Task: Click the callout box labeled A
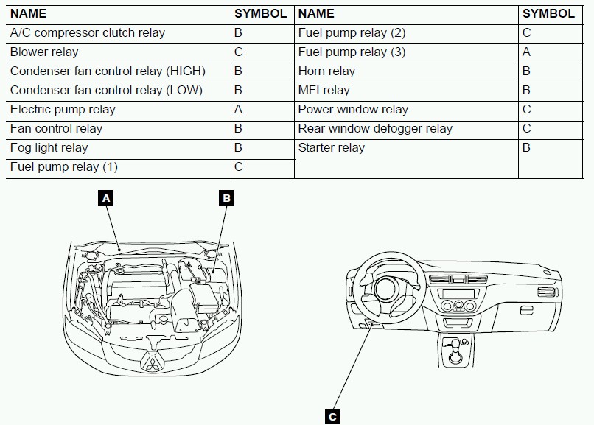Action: pyautogui.click(x=107, y=198)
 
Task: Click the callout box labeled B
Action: pyautogui.click(x=227, y=198)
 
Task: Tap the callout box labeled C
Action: pyautogui.click(x=332, y=416)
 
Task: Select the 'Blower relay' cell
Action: pyautogui.click(x=44, y=52)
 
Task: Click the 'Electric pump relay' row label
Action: pyautogui.click(x=63, y=110)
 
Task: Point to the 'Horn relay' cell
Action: pyautogui.click(x=326, y=71)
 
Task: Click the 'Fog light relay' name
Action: pyautogui.click(x=49, y=148)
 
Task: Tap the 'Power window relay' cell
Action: pyautogui.click(x=353, y=110)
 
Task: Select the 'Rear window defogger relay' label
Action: pyautogui.click(x=375, y=129)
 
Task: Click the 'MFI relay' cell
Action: pyautogui.click(x=324, y=91)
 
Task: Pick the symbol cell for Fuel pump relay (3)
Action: pyautogui.click(x=526, y=52)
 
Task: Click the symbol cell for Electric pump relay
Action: pyautogui.click(x=238, y=110)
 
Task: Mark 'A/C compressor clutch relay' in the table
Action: pyautogui.click(x=87, y=33)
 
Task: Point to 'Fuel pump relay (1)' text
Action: pyautogui.click(x=63, y=167)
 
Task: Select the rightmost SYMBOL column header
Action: pyautogui.click(x=548, y=13)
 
